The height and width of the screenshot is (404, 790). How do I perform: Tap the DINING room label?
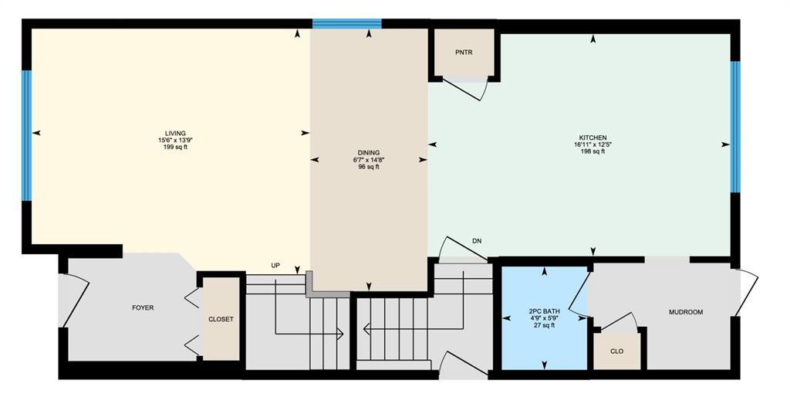coord(369,153)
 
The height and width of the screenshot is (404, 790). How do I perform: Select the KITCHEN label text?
coord(592,137)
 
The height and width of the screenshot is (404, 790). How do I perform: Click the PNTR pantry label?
coord(464,53)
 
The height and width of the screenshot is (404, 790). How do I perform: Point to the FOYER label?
coord(143,307)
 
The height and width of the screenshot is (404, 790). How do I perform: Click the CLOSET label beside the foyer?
coord(221,319)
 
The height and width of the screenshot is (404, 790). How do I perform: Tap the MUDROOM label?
coord(686,312)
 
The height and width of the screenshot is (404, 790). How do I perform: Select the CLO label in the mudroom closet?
coord(616,351)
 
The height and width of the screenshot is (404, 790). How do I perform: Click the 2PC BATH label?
coord(544,312)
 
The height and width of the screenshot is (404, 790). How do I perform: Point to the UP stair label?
coord(275,265)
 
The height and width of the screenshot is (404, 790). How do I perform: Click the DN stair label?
coord(477,241)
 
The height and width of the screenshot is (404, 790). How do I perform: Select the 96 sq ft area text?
coord(369,167)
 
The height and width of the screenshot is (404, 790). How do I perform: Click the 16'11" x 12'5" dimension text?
coord(592,144)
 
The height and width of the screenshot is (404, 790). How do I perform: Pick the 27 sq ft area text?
coord(544,325)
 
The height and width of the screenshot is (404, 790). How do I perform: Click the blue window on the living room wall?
coord(27,135)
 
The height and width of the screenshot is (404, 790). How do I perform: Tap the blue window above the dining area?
coord(346,24)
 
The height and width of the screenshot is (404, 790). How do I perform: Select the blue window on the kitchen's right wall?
coord(735,127)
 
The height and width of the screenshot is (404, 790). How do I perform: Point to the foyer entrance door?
coord(74,300)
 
